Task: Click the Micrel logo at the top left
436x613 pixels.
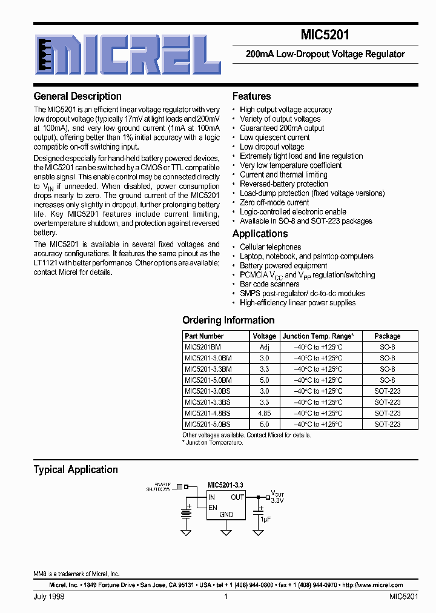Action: [x=127, y=54]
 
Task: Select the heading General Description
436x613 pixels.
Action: [x=78, y=96]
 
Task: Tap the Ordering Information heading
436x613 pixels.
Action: [x=228, y=320]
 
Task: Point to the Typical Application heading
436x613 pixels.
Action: [x=76, y=469]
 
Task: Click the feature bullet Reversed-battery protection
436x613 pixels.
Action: [x=283, y=184]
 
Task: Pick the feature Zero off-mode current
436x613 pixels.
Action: [x=274, y=202]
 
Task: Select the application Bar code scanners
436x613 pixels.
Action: [x=269, y=284]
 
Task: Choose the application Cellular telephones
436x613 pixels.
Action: [x=270, y=247]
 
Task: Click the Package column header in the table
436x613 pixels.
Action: [x=387, y=336]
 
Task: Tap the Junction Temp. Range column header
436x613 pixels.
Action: [x=318, y=336]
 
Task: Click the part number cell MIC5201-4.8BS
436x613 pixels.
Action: [x=208, y=413]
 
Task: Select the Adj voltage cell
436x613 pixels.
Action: [x=264, y=347]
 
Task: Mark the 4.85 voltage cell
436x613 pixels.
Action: [x=264, y=413]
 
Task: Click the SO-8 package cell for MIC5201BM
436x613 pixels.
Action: [x=387, y=347]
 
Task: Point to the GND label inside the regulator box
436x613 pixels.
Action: [x=226, y=514]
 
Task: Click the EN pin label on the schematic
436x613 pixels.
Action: [x=213, y=507]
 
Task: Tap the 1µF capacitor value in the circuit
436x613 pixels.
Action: [x=265, y=520]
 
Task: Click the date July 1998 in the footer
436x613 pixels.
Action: [x=49, y=597]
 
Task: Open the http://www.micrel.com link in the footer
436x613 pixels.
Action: [x=372, y=585]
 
